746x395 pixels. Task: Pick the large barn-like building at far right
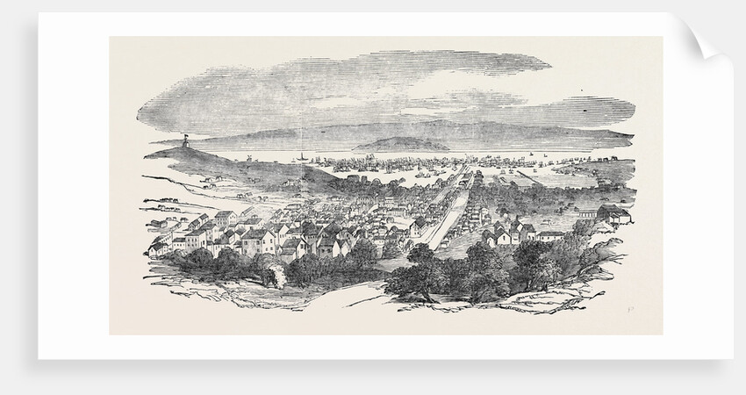click(x=612, y=212)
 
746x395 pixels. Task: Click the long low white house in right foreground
click(x=550, y=235)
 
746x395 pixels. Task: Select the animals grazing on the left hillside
click(x=215, y=183)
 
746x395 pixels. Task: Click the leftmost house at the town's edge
click(x=158, y=249)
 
